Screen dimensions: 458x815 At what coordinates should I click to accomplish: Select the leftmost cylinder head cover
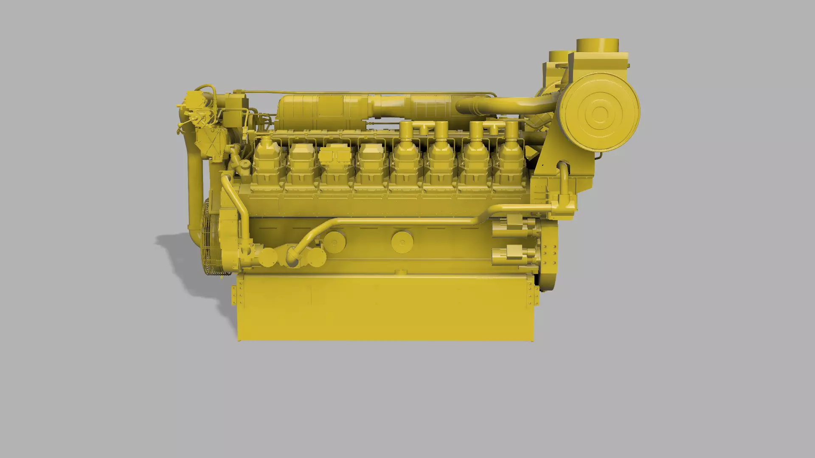pyautogui.click(x=267, y=159)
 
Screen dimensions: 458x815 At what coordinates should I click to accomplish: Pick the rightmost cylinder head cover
pyautogui.click(x=509, y=159)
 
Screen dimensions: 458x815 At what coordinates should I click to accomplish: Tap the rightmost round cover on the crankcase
pyautogui.click(x=402, y=242)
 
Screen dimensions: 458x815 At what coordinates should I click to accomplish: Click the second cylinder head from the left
pyautogui.click(x=301, y=159)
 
